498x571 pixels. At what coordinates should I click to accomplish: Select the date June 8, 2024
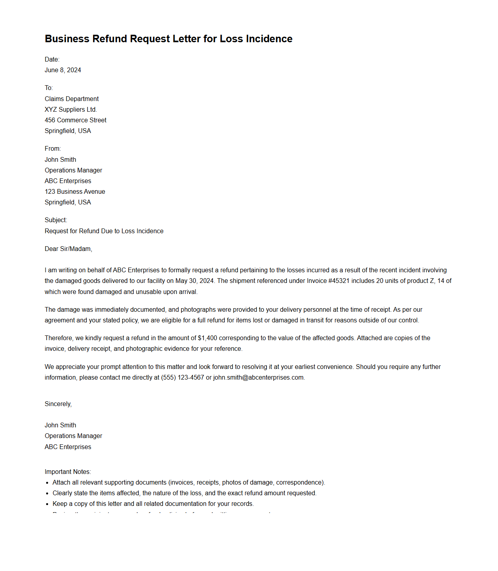pos(63,70)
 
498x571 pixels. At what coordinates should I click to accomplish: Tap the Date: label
pos(52,59)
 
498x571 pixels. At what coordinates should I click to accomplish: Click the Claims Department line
pos(72,99)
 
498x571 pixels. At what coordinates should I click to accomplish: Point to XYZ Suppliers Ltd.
pos(71,109)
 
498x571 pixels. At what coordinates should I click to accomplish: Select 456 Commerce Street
pos(75,120)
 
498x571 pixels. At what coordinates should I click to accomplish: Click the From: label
pos(53,148)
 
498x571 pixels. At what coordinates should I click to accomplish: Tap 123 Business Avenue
pos(75,191)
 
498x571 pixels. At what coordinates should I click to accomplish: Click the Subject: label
pos(56,220)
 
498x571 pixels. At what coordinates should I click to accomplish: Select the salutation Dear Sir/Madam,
pos(68,249)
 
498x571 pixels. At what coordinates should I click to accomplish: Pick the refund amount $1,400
pos(207,338)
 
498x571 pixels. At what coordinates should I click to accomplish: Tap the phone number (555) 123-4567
pos(183,377)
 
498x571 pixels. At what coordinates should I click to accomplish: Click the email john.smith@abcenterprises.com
pos(258,377)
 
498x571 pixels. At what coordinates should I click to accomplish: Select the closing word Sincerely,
pos(58,404)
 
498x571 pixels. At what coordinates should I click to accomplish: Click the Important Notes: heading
pos(68,472)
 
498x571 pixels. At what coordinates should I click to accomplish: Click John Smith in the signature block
pos(60,425)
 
